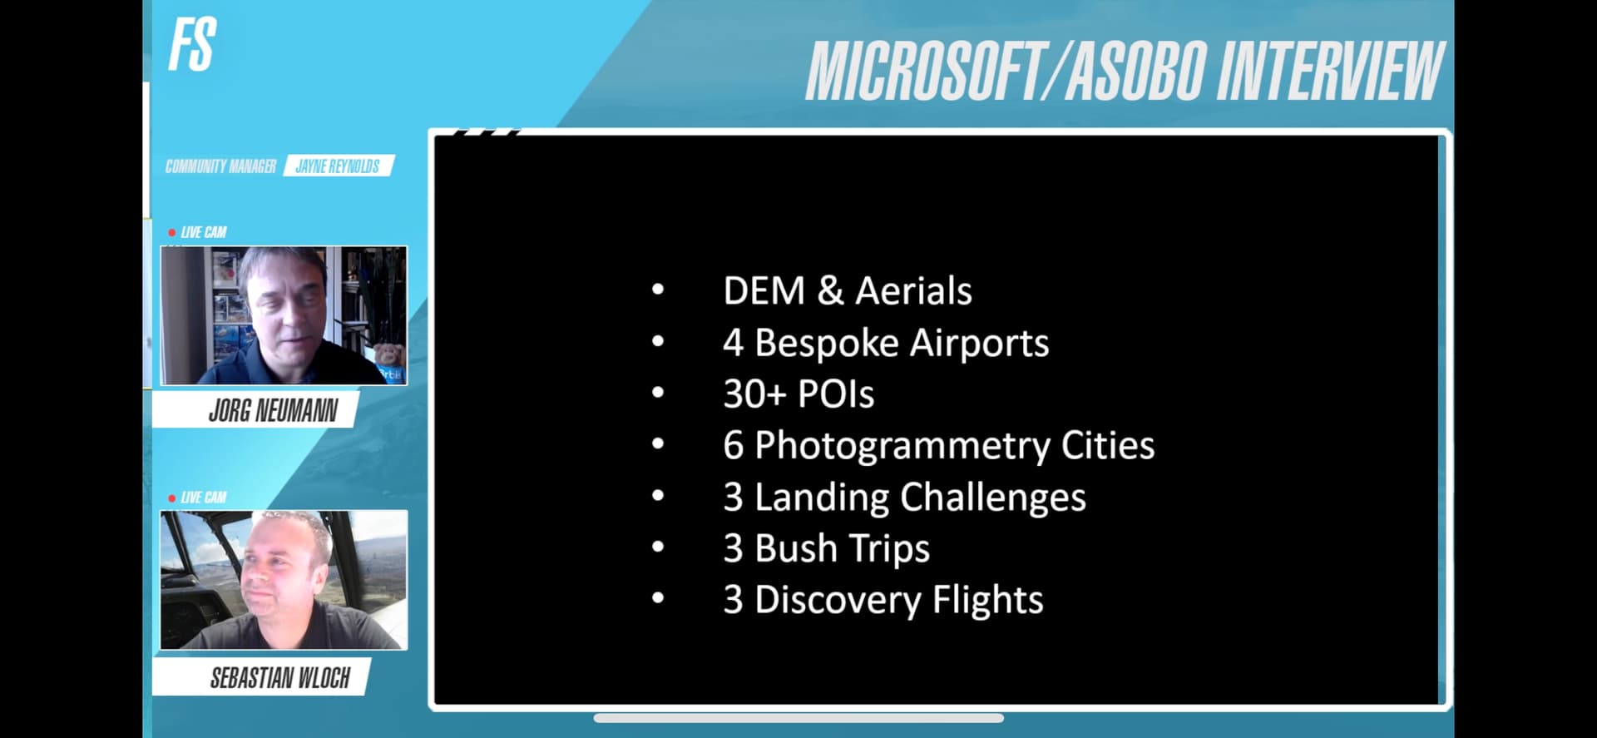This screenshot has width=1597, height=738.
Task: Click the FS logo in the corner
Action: pyautogui.click(x=192, y=44)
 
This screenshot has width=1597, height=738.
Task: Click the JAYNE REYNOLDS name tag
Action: pyautogui.click(x=338, y=166)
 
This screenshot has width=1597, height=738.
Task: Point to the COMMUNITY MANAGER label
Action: pyautogui.click(x=220, y=166)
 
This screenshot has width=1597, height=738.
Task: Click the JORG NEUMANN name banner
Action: pyautogui.click(x=273, y=410)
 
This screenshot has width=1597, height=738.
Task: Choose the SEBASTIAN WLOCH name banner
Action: pyautogui.click(x=279, y=678)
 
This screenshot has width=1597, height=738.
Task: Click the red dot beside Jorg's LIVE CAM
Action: pyautogui.click(x=172, y=233)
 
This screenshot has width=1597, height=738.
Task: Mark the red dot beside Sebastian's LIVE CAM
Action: pyautogui.click(x=172, y=498)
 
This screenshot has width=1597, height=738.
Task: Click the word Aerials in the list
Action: pyautogui.click(x=913, y=291)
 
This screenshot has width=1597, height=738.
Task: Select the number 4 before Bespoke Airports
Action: pyautogui.click(x=733, y=343)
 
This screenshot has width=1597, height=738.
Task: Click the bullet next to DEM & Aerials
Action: pyautogui.click(x=658, y=290)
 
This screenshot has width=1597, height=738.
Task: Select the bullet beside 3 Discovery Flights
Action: pyautogui.click(x=658, y=597)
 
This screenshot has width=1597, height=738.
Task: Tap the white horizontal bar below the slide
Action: pyautogui.click(x=798, y=718)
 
